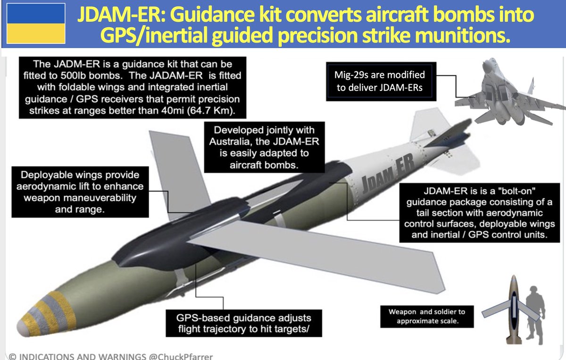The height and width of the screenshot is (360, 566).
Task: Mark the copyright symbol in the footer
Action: coord(13,355)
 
